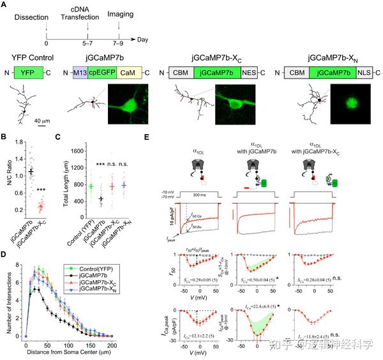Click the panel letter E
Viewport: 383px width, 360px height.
pos(148,136)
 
